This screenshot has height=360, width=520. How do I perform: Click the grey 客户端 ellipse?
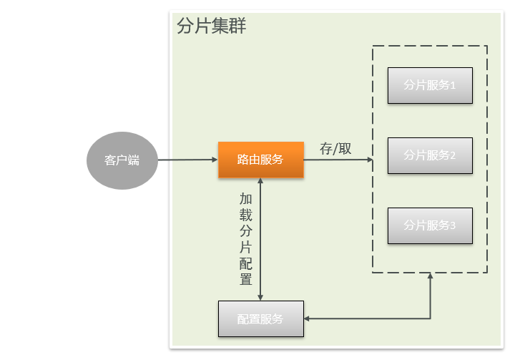point(122,160)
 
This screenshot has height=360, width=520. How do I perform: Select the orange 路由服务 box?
point(260,160)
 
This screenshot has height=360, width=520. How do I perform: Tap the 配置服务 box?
point(260,319)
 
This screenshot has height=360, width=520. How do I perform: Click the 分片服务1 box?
point(430,85)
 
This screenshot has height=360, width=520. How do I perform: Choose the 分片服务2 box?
point(430,155)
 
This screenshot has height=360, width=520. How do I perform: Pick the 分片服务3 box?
point(430,225)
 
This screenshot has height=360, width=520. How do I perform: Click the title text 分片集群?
point(212,27)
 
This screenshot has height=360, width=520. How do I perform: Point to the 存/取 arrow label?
point(335,149)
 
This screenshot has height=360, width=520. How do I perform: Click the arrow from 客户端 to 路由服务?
point(187,160)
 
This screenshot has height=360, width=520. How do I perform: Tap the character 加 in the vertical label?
point(245,199)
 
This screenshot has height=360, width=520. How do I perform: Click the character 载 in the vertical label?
point(245,215)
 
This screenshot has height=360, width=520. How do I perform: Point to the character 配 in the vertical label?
point(245,263)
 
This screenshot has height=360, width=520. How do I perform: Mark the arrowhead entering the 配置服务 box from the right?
point(308,318)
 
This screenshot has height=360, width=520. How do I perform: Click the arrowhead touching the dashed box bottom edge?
point(430,277)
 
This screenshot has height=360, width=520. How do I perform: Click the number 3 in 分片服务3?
point(453,225)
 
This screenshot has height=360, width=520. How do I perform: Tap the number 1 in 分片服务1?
point(453,85)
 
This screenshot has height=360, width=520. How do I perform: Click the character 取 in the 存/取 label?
point(345,149)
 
